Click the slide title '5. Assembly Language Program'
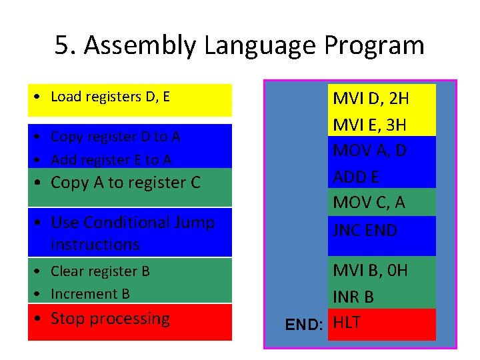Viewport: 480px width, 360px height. click(x=239, y=46)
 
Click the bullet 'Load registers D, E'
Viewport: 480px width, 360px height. click(x=110, y=97)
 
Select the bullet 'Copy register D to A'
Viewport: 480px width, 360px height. click(x=115, y=137)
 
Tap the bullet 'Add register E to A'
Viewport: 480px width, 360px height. click(x=111, y=159)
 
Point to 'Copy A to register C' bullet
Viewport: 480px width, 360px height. click(x=125, y=183)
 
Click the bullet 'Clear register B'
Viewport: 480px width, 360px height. click(x=100, y=271)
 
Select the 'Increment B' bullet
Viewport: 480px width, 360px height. click(x=90, y=294)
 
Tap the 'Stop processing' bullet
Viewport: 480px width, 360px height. click(x=110, y=319)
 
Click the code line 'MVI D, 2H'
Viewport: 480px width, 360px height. click(x=371, y=99)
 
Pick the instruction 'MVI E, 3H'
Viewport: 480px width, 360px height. click(x=370, y=125)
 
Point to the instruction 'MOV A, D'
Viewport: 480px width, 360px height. click(x=369, y=151)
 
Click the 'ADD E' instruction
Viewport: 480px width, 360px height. click(x=355, y=177)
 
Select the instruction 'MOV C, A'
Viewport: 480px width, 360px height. click(x=369, y=203)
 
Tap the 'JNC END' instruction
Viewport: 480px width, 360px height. click(x=365, y=230)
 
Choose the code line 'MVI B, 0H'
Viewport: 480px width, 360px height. click(x=370, y=270)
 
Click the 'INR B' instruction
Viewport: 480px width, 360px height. click(x=353, y=297)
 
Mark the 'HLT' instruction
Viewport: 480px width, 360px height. click(x=347, y=323)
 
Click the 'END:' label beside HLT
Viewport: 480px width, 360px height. click(x=304, y=325)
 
